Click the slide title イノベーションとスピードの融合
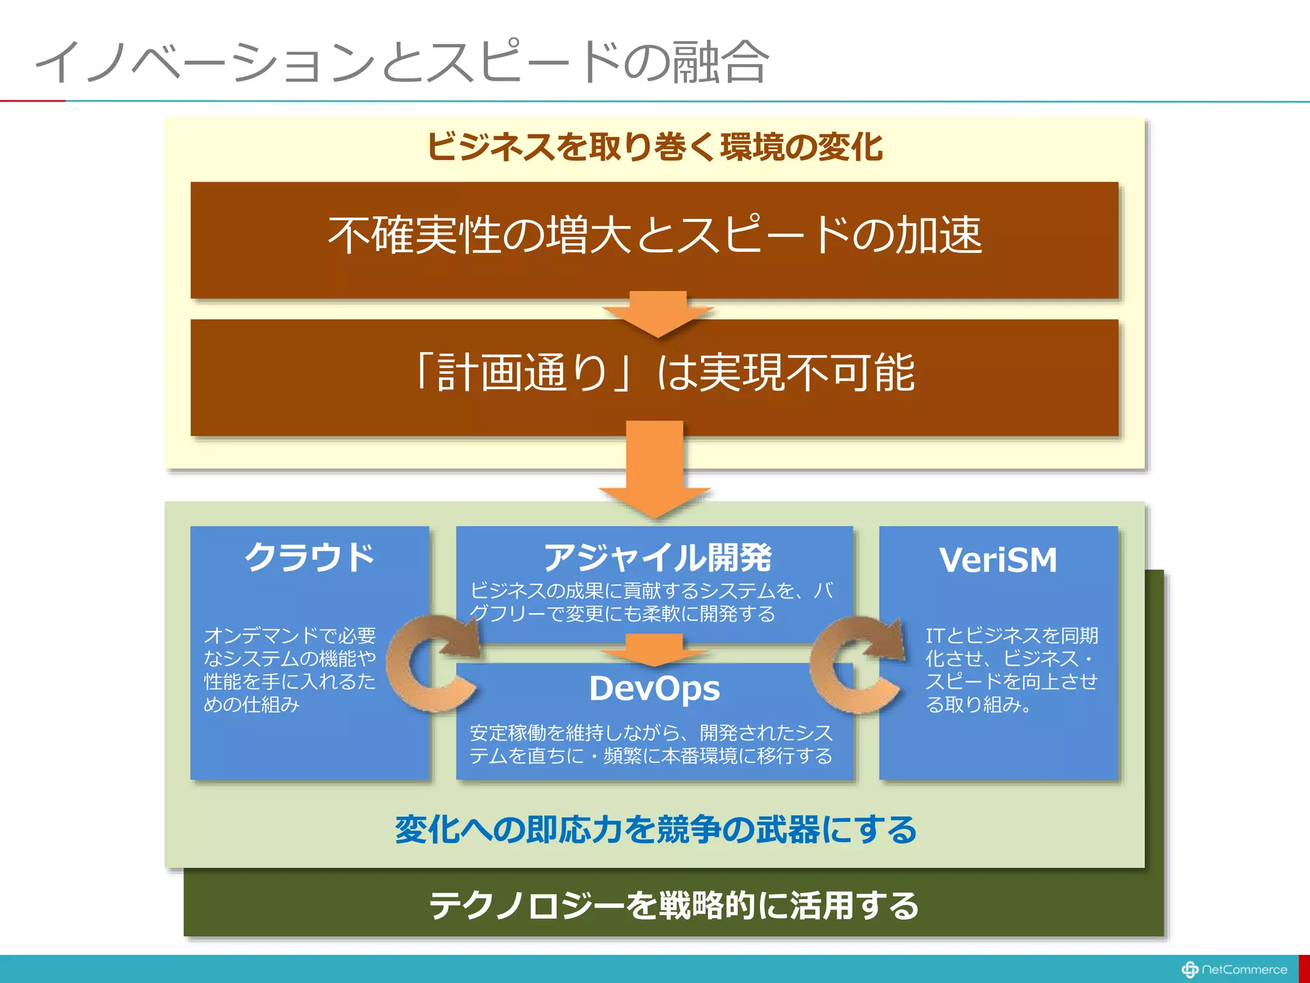[402, 62]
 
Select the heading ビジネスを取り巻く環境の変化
[654, 147]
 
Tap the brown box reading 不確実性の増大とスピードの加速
[654, 236]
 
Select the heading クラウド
[310, 557]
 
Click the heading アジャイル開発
[658, 557]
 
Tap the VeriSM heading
[998, 560]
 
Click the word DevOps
[654, 689]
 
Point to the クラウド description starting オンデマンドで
[289, 669]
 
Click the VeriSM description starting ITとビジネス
[1011, 669]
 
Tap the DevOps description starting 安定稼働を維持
[651, 744]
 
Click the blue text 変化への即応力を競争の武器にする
[656, 829]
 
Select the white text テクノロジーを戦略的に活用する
[673, 905]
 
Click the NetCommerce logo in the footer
[1234, 970]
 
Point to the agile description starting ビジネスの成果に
[651, 602]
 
